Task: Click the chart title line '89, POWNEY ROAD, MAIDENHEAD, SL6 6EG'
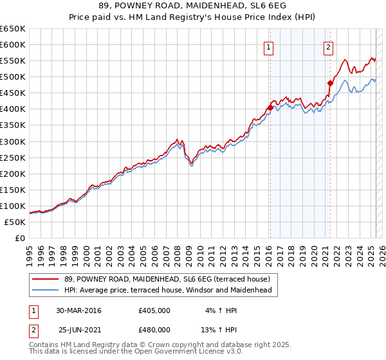192,7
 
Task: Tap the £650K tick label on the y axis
13,29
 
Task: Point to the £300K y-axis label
13,141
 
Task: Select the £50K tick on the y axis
15,222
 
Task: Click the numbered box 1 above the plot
268,46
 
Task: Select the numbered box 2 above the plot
328,46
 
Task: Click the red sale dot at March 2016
270,107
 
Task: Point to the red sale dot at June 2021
330,83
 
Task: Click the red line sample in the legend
46,279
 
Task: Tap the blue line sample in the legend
46,290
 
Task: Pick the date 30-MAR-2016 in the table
78,310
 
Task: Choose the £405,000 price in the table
154,310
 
